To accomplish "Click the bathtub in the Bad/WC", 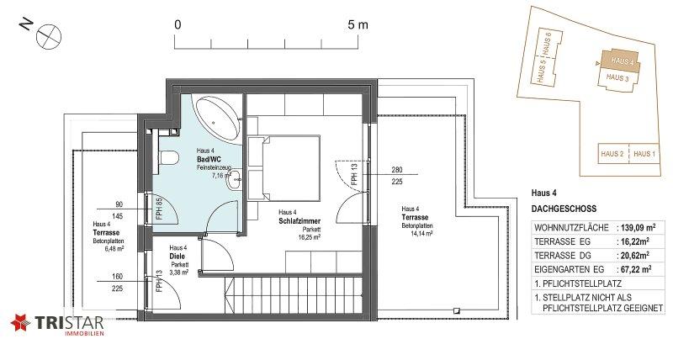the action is [x=217, y=117].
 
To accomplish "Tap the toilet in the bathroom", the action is [x=169, y=157].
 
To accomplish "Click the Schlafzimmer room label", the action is [x=299, y=221].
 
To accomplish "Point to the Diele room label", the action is [x=177, y=257].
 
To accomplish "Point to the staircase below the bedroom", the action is [x=293, y=295].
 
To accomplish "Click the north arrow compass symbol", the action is [x=49, y=36].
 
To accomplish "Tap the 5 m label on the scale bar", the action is [x=358, y=25].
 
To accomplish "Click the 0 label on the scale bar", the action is [x=178, y=25].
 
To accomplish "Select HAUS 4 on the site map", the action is [x=622, y=61].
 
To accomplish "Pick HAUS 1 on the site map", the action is [x=644, y=154].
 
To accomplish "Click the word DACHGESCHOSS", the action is [x=564, y=209].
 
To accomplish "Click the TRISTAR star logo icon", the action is [x=20, y=323].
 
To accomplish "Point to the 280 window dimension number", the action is [x=397, y=170].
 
